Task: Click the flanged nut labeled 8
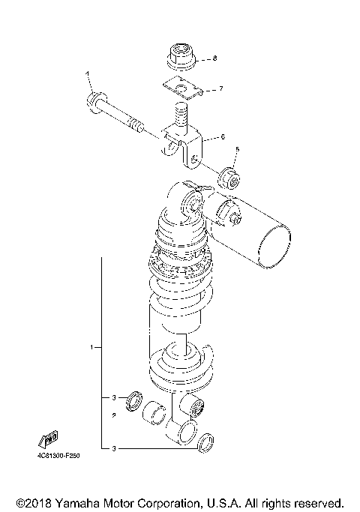[x=178, y=57]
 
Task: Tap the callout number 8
[x=214, y=58]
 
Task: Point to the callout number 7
[x=220, y=89]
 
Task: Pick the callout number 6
[x=223, y=137]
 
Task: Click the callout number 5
[x=238, y=150]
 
